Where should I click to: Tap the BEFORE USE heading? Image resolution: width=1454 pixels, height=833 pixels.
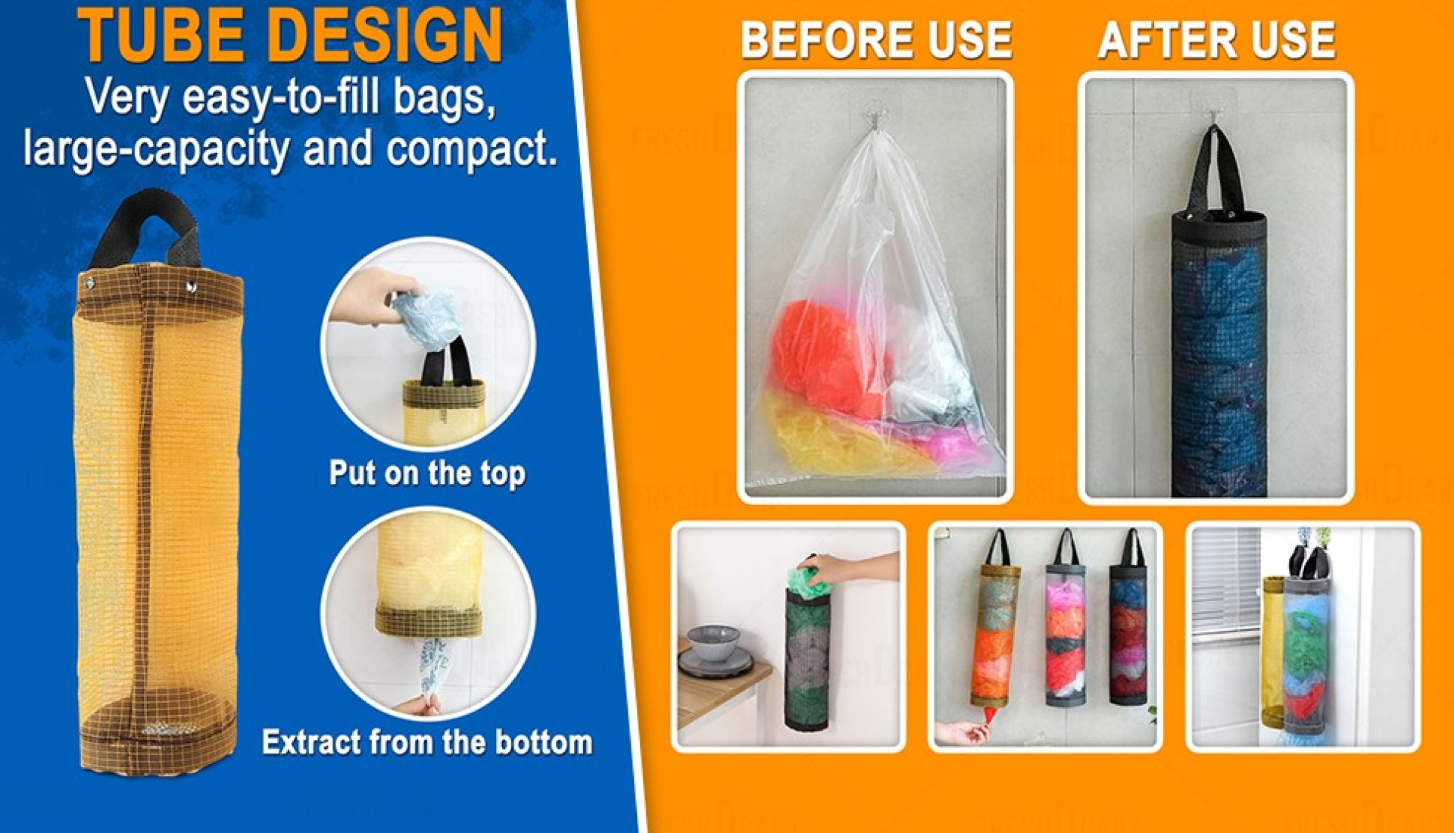tap(876, 40)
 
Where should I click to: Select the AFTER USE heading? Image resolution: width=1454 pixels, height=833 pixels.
tap(1216, 40)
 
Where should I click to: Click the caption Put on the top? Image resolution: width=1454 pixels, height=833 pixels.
tap(427, 473)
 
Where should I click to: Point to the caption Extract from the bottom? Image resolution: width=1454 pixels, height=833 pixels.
tap(427, 742)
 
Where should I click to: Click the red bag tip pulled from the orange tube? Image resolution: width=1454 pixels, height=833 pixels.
tap(989, 714)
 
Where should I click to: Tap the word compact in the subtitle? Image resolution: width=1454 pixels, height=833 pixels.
tap(470, 148)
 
